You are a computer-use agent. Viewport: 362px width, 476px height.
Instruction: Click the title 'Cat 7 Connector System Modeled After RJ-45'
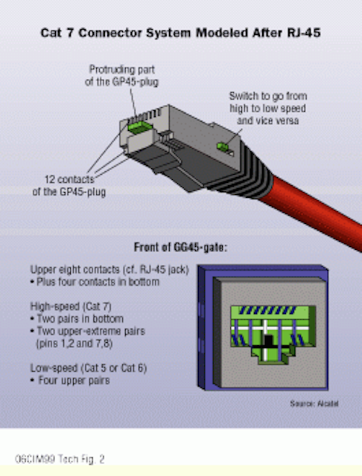[x=180, y=33]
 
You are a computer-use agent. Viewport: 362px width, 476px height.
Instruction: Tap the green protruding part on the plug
[x=139, y=126]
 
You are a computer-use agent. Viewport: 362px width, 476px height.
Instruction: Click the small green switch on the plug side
[x=223, y=147]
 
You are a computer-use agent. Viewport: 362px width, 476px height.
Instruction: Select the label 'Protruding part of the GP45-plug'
[x=121, y=76]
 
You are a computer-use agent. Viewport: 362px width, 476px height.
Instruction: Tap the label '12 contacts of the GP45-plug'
[x=69, y=185]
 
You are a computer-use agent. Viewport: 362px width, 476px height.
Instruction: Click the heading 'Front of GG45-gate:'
[x=180, y=248]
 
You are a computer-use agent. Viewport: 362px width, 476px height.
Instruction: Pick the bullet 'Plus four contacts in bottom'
[x=95, y=282]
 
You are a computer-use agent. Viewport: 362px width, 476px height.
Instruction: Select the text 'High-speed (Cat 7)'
[x=71, y=306]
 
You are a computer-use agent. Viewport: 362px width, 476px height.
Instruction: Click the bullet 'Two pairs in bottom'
[x=77, y=319]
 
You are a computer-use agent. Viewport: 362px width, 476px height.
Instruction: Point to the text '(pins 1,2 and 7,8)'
[x=74, y=344]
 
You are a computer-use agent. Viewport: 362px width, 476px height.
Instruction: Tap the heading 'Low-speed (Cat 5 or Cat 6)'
[x=89, y=368]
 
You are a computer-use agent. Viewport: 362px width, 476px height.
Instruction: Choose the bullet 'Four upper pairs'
[x=70, y=380]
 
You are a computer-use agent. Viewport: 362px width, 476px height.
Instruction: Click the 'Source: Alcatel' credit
[x=314, y=403]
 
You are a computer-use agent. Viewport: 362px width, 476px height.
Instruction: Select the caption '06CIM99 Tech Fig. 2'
[x=60, y=459]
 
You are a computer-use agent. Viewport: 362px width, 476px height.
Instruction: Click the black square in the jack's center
[x=268, y=341]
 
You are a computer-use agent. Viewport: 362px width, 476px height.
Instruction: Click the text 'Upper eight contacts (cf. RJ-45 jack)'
[x=109, y=269]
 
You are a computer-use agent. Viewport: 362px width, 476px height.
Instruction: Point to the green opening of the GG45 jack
[x=273, y=334]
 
